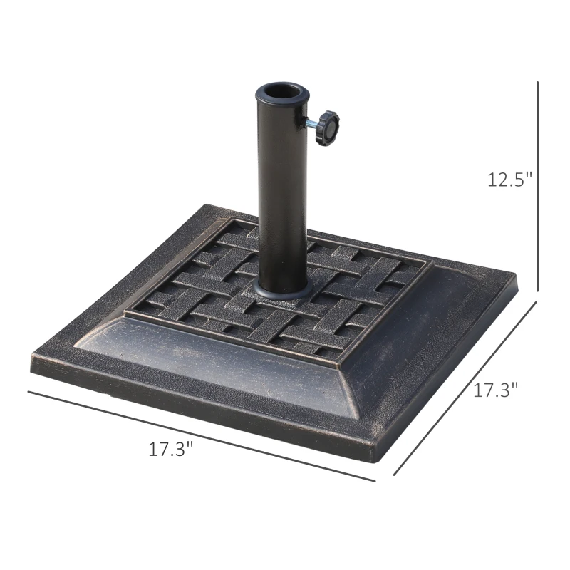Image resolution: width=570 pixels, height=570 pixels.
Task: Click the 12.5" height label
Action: (x=510, y=180)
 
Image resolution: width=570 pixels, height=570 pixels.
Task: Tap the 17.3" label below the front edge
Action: (x=171, y=450)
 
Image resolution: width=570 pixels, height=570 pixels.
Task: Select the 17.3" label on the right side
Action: (x=496, y=390)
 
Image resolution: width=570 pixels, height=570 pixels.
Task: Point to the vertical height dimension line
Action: (x=537, y=185)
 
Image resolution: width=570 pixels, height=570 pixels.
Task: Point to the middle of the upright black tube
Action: (x=282, y=192)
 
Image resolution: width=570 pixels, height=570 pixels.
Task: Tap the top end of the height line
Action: (x=537, y=82)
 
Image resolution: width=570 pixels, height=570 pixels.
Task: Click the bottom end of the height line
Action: (x=537, y=291)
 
